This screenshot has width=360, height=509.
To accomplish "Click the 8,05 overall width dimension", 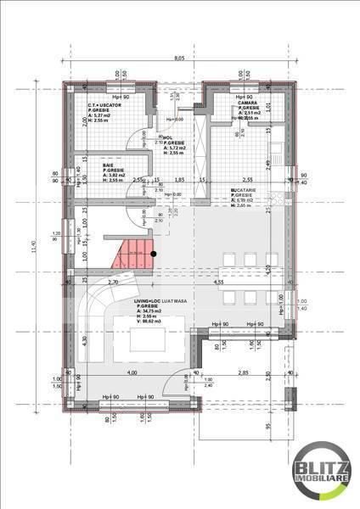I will [180, 58].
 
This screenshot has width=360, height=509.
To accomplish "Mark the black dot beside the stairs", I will [154, 253].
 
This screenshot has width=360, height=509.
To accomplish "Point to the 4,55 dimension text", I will [218, 282].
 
